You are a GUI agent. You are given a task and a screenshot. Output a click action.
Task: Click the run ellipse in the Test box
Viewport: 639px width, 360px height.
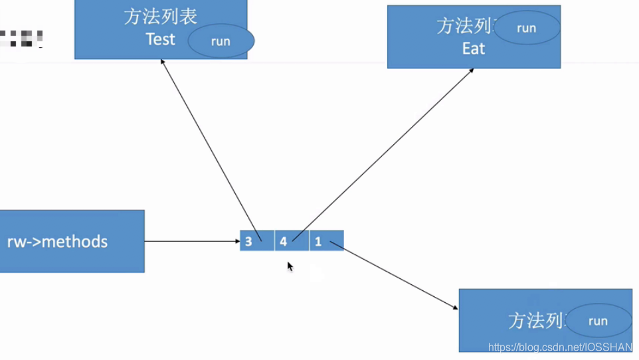click(221, 41)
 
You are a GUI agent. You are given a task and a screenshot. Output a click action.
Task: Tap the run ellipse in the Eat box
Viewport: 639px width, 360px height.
click(527, 28)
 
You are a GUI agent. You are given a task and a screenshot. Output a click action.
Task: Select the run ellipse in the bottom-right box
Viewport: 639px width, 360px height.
click(598, 321)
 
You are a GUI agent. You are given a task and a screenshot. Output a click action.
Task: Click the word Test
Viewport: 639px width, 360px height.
click(160, 39)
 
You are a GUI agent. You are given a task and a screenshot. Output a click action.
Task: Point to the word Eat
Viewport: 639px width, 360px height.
click(474, 48)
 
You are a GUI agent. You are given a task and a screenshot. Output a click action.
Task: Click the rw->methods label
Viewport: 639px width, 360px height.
click(57, 241)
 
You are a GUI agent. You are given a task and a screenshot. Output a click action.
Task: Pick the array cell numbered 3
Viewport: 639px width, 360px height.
click(256, 240)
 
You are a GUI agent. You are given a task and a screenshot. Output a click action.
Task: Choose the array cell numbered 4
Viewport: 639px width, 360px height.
click(291, 240)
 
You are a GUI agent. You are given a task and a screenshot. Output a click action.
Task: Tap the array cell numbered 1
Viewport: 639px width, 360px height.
click(326, 240)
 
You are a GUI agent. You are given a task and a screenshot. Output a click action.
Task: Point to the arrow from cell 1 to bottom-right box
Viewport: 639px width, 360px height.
click(395, 276)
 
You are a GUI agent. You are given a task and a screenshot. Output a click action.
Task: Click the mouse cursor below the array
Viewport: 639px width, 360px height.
click(290, 266)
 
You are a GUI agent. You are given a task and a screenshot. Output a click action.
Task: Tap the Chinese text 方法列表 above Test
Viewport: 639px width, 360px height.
click(160, 17)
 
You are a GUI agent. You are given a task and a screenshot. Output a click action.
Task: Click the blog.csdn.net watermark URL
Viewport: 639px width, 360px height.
click(560, 347)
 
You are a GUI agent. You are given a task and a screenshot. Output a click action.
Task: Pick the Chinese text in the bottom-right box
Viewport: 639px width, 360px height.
click(537, 321)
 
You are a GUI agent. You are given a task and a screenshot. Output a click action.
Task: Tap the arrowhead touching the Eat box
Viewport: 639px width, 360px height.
click(471, 70)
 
